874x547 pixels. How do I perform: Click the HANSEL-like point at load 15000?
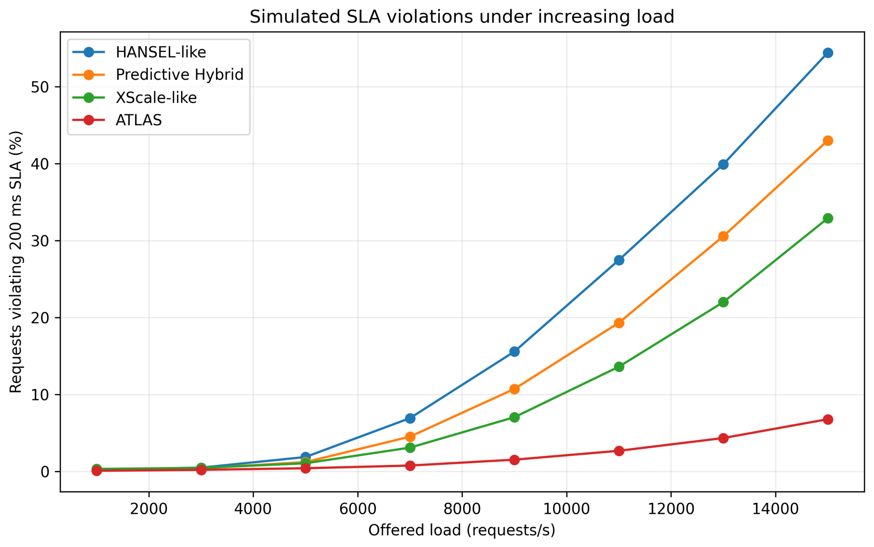828,53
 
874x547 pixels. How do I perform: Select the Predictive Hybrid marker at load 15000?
828,141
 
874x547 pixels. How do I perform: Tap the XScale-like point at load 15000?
828,218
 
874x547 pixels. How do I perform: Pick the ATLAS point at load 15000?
828,420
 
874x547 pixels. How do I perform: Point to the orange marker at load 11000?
619,323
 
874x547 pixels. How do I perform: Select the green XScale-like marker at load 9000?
515,417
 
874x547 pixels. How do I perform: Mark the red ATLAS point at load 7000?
410,466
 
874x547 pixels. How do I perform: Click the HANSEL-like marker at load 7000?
410,418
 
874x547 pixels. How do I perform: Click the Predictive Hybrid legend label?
179,75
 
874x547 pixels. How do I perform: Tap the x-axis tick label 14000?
775,509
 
